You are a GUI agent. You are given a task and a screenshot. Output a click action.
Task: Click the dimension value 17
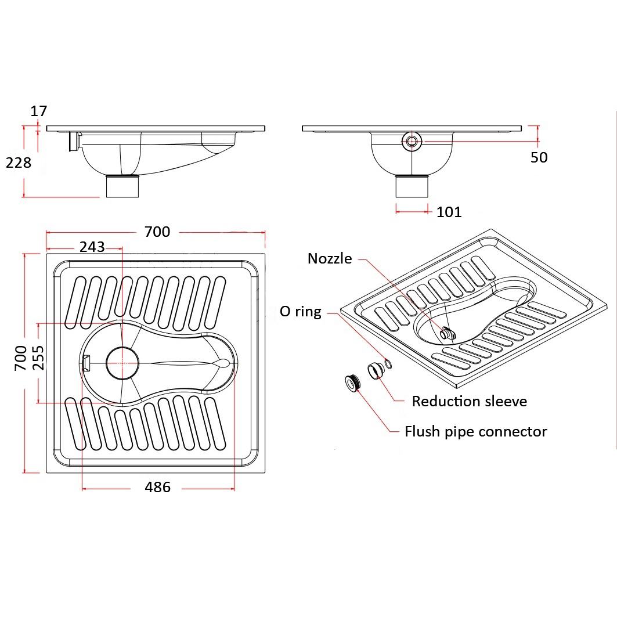pyautogui.click(x=39, y=111)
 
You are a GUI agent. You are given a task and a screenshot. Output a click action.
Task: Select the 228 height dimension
pyautogui.click(x=18, y=163)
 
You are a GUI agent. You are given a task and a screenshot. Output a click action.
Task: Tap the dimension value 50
pyautogui.click(x=539, y=157)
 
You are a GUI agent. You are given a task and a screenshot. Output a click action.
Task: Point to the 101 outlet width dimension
pyautogui.click(x=449, y=212)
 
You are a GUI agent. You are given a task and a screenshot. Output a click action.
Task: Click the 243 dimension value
pyautogui.click(x=92, y=247)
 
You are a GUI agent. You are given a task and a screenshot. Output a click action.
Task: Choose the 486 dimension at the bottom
pyautogui.click(x=157, y=488)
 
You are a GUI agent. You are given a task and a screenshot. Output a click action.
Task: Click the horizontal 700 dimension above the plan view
pyautogui.click(x=157, y=232)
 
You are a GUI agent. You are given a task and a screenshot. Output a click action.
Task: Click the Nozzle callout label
pyautogui.click(x=330, y=259)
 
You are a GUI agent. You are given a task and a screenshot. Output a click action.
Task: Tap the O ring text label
pyautogui.click(x=300, y=312)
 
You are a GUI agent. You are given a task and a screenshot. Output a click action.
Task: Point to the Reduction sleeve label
pyautogui.click(x=469, y=401)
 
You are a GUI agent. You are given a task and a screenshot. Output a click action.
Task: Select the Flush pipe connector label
pyautogui.click(x=475, y=432)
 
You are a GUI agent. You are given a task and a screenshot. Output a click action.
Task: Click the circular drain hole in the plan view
pyautogui.click(x=122, y=363)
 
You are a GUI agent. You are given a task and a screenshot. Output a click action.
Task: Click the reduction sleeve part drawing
pyautogui.click(x=374, y=369)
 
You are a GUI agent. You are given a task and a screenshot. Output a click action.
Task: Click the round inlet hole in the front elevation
pyautogui.click(x=412, y=141)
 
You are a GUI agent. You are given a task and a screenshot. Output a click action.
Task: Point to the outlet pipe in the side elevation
pyautogui.click(x=123, y=186)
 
